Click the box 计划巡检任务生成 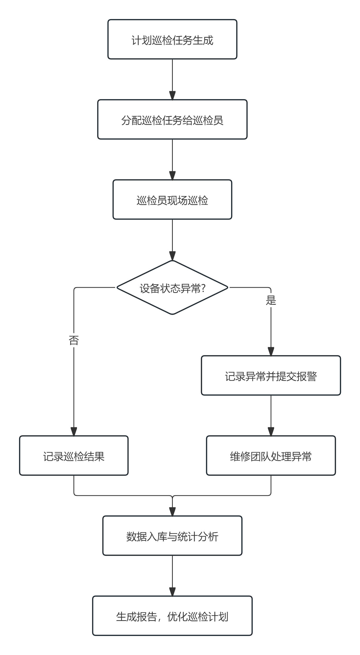pos(172,40)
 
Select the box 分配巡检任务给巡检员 pos(172,120)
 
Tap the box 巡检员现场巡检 pos(172,200)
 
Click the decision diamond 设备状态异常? pos(172,288)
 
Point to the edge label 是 pos(271,300)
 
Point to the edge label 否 pos(74,340)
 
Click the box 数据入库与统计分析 pos(172,536)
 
